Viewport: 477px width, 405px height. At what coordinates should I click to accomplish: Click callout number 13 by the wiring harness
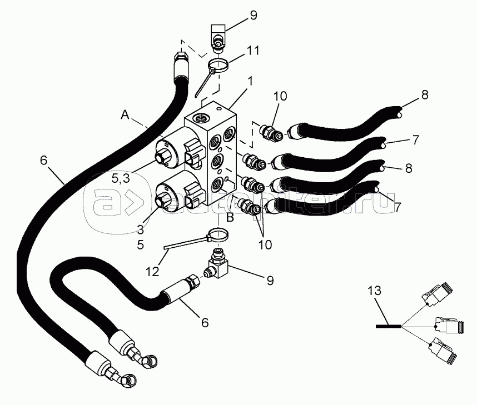point(377,289)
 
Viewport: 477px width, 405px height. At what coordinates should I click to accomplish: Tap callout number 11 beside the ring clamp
point(253,51)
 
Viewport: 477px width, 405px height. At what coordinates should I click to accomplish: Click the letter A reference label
point(126,115)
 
